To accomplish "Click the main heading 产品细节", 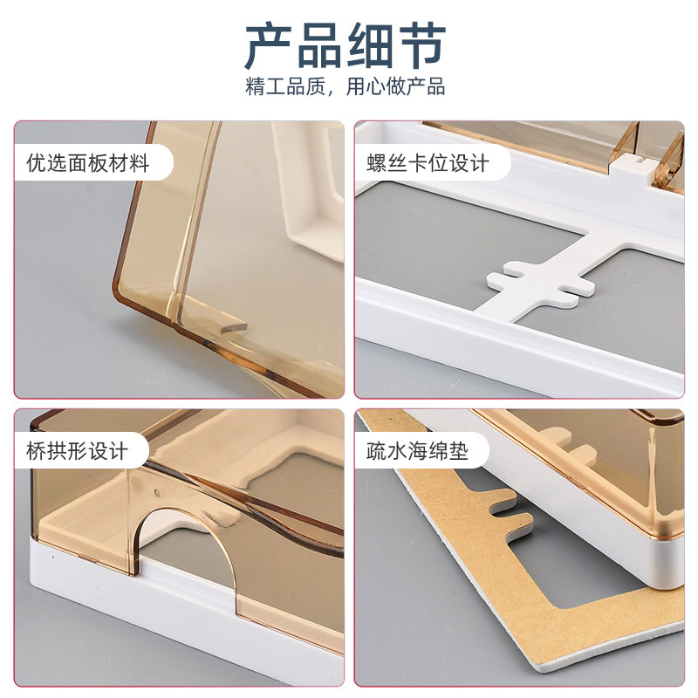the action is [x=346, y=46].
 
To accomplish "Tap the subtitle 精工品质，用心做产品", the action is [x=346, y=86].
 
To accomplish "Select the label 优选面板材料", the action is [x=87, y=163].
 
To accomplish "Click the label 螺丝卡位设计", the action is [x=428, y=163].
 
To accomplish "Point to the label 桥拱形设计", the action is [x=77, y=451].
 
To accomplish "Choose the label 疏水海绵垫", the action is [x=417, y=451].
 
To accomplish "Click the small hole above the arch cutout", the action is [x=156, y=493].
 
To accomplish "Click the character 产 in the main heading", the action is [x=269, y=46].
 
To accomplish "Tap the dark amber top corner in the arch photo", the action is [x=38, y=421].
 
